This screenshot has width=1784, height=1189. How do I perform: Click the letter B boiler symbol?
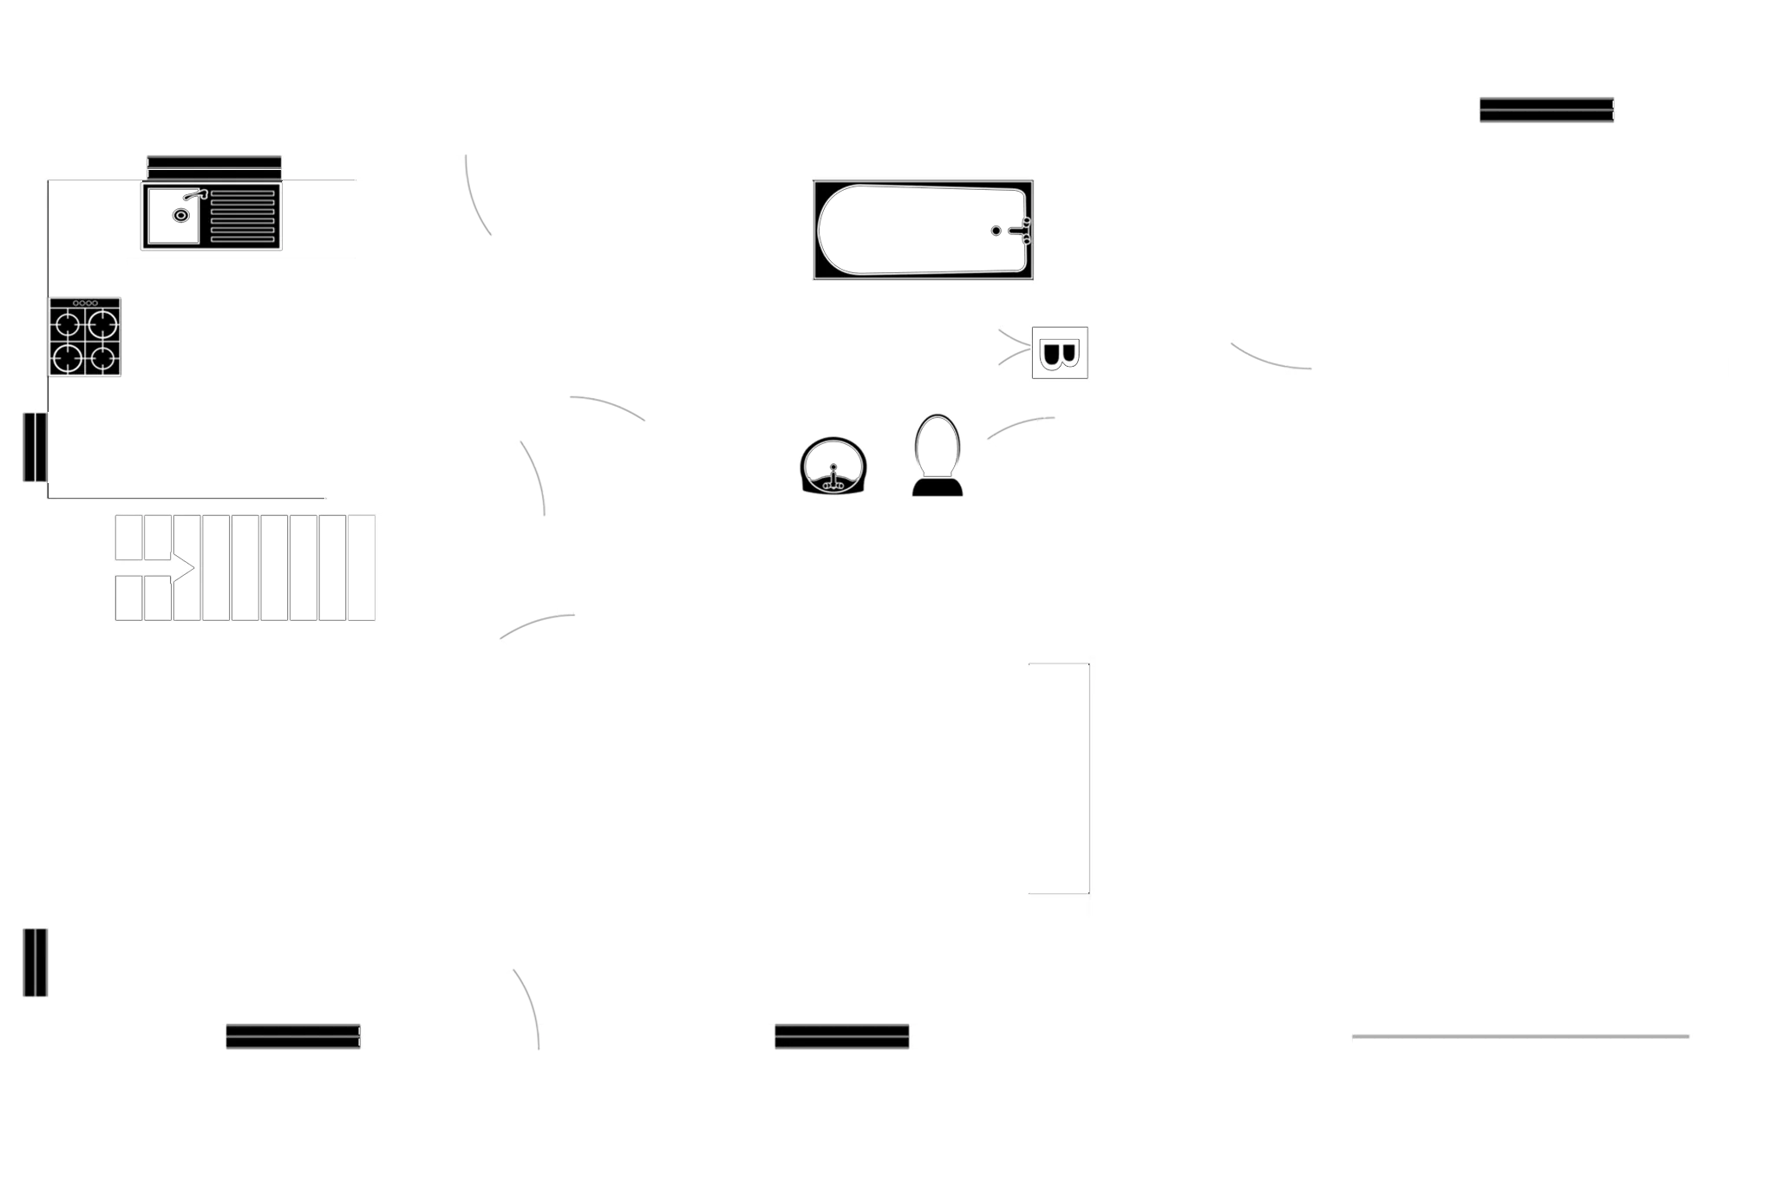pyautogui.click(x=1059, y=353)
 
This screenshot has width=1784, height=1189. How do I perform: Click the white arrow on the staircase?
pyautogui.click(x=182, y=568)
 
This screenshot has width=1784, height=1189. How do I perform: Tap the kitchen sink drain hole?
pyautogui.click(x=180, y=215)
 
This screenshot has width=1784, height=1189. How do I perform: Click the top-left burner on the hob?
pyautogui.click(x=69, y=326)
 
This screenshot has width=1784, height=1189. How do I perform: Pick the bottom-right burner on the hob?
pyautogui.click(x=104, y=357)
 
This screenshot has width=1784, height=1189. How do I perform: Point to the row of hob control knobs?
pyautogui.click(x=85, y=303)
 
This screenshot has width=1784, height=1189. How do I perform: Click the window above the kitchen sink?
pyautogui.click(x=214, y=166)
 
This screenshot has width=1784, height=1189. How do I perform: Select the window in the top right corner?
pyautogui.click(x=1546, y=108)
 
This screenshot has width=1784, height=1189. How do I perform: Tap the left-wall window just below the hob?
pyautogui.click(x=34, y=447)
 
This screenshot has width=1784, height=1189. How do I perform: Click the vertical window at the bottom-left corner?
pyautogui.click(x=36, y=963)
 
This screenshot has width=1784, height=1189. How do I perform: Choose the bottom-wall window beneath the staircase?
pyautogui.click(x=293, y=1036)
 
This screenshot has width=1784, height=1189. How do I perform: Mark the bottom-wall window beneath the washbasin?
pyautogui.click(x=841, y=1036)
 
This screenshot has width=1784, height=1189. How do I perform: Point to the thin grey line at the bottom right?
pyautogui.click(x=1519, y=1036)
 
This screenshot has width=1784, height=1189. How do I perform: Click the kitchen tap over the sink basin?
pyautogui.click(x=194, y=195)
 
